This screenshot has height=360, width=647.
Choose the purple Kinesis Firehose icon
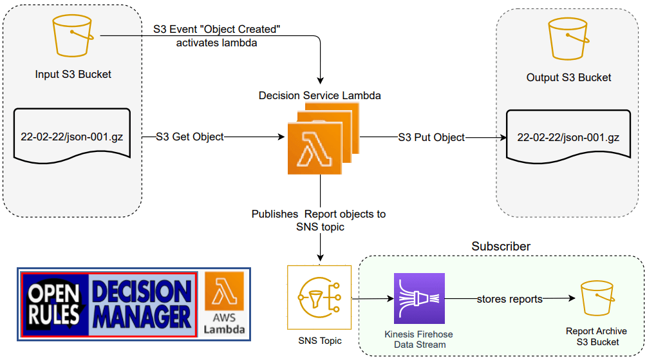(x=419, y=298)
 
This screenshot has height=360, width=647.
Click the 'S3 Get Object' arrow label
(x=190, y=137)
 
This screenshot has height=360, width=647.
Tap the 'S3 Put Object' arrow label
(x=431, y=137)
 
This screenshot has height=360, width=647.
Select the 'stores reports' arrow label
(x=509, y=299)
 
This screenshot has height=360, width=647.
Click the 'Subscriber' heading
(x=501, y=247)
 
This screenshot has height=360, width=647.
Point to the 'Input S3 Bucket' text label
(x=73, y=74)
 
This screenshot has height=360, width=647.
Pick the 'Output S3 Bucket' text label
(x=568, y=77)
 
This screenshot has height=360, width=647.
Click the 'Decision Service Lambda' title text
(x=319, y=95)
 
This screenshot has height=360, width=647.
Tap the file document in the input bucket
(x=73, y=136)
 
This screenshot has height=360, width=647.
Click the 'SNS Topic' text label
(x=319, y=341)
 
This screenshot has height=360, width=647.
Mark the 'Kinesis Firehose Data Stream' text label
(x=418, y=339)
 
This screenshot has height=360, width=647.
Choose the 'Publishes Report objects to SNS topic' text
(x=319, y=220)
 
